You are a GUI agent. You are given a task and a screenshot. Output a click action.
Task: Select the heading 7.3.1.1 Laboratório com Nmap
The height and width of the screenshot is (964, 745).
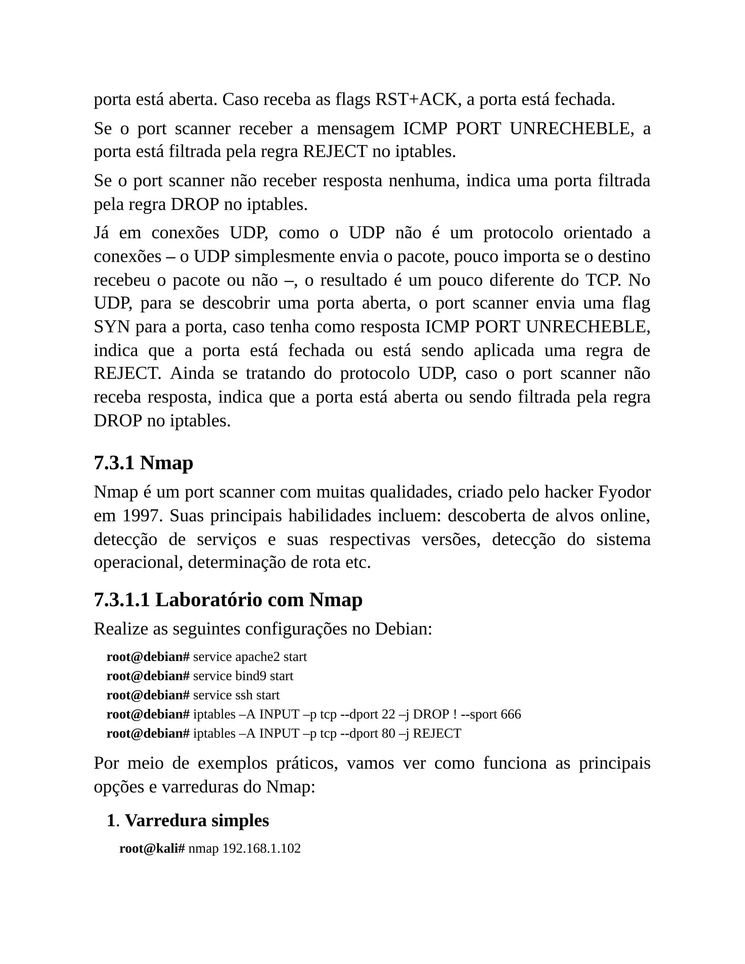pyautogui.click(x=228, y=600)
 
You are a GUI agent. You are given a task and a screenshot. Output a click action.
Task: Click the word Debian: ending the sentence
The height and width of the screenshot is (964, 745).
pyautogui.click(x=403, y=629)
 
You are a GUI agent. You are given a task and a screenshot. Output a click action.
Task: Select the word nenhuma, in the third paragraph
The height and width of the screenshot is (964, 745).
pyautogui.click(x=423, y=181)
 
